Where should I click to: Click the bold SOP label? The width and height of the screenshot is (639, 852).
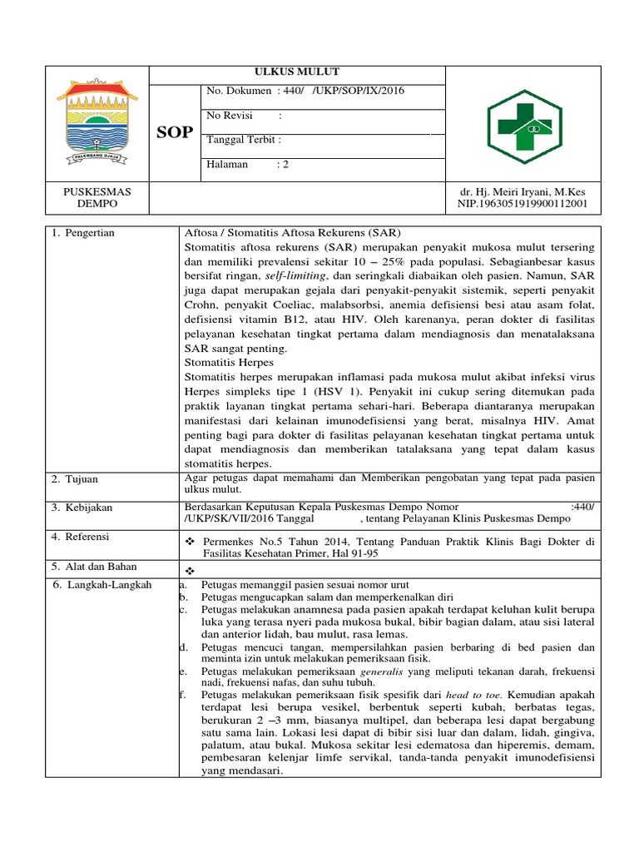click(x=176, y=132)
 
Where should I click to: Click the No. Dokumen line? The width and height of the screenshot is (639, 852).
click(x=305, y=91)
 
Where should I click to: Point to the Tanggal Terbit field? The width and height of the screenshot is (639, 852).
click(x=244, y=140)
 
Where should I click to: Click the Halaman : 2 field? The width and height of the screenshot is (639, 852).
click(x=247, y=164)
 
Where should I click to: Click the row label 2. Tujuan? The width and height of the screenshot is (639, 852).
click(x=75, y=479)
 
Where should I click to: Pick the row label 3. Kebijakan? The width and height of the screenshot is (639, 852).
click(x=82, y=508)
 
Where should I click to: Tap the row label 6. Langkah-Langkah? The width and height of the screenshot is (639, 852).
click(x=102, y=585)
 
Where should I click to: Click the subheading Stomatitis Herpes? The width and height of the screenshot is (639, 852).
click(x=229, y=363)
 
